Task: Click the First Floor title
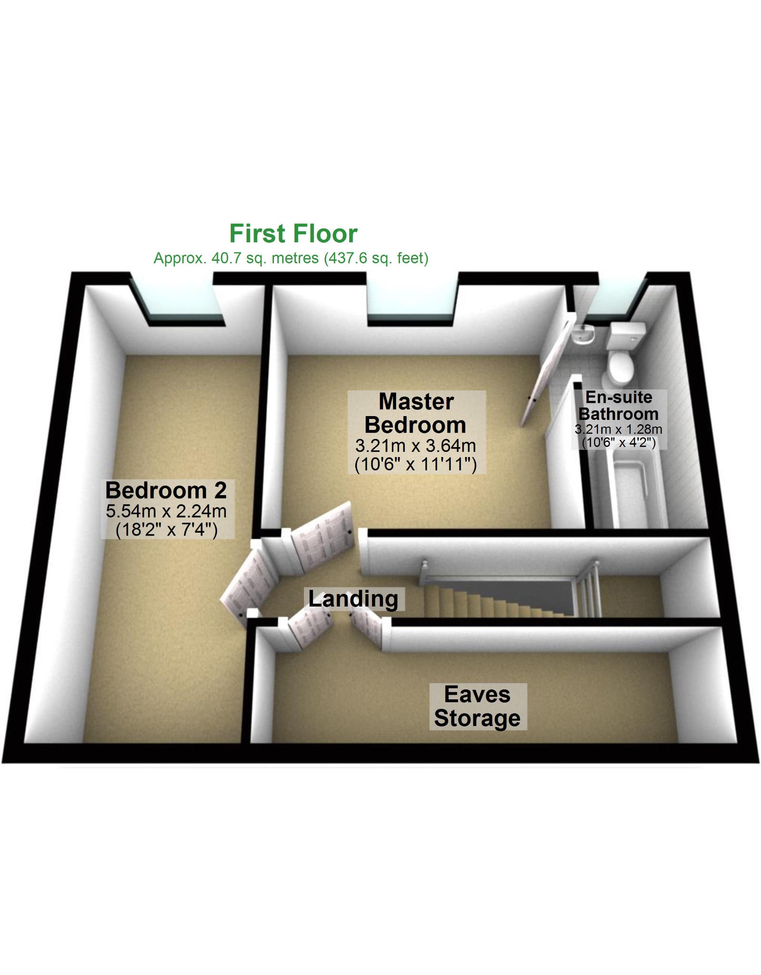point(293,233)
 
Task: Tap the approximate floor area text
point(291,258)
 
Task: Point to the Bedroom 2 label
point(166,490)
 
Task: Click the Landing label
point(353,599)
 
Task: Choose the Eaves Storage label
point(477,706)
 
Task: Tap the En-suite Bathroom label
point(618,405)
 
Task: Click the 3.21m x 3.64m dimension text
point(416,446)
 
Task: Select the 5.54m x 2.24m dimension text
point(166,511)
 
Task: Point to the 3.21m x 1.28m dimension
point(618,429)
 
